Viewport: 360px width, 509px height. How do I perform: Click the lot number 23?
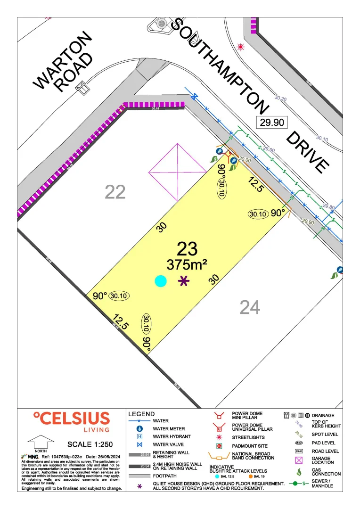tap(187, 249)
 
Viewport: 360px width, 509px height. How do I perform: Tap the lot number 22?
tap(115, 192)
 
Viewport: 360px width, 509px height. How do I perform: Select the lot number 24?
tap(250, 307)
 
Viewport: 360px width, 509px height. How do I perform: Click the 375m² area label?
tap(187, 265)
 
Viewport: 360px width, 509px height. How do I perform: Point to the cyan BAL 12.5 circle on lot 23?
tap(161, 281)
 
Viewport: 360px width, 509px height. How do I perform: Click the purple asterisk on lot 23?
tap(184, 281)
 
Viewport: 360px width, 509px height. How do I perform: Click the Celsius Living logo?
tap(71, 421)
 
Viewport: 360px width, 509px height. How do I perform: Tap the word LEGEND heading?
tap(141, 414)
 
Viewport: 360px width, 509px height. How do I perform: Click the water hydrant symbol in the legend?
tap(139, 437)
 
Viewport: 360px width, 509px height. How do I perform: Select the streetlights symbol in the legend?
tap(218, 437)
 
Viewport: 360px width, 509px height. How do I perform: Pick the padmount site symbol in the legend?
tap(218, 446)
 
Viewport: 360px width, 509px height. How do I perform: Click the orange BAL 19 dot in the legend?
tap(251, 476)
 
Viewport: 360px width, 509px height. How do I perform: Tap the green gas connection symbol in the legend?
tap(299, 471)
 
